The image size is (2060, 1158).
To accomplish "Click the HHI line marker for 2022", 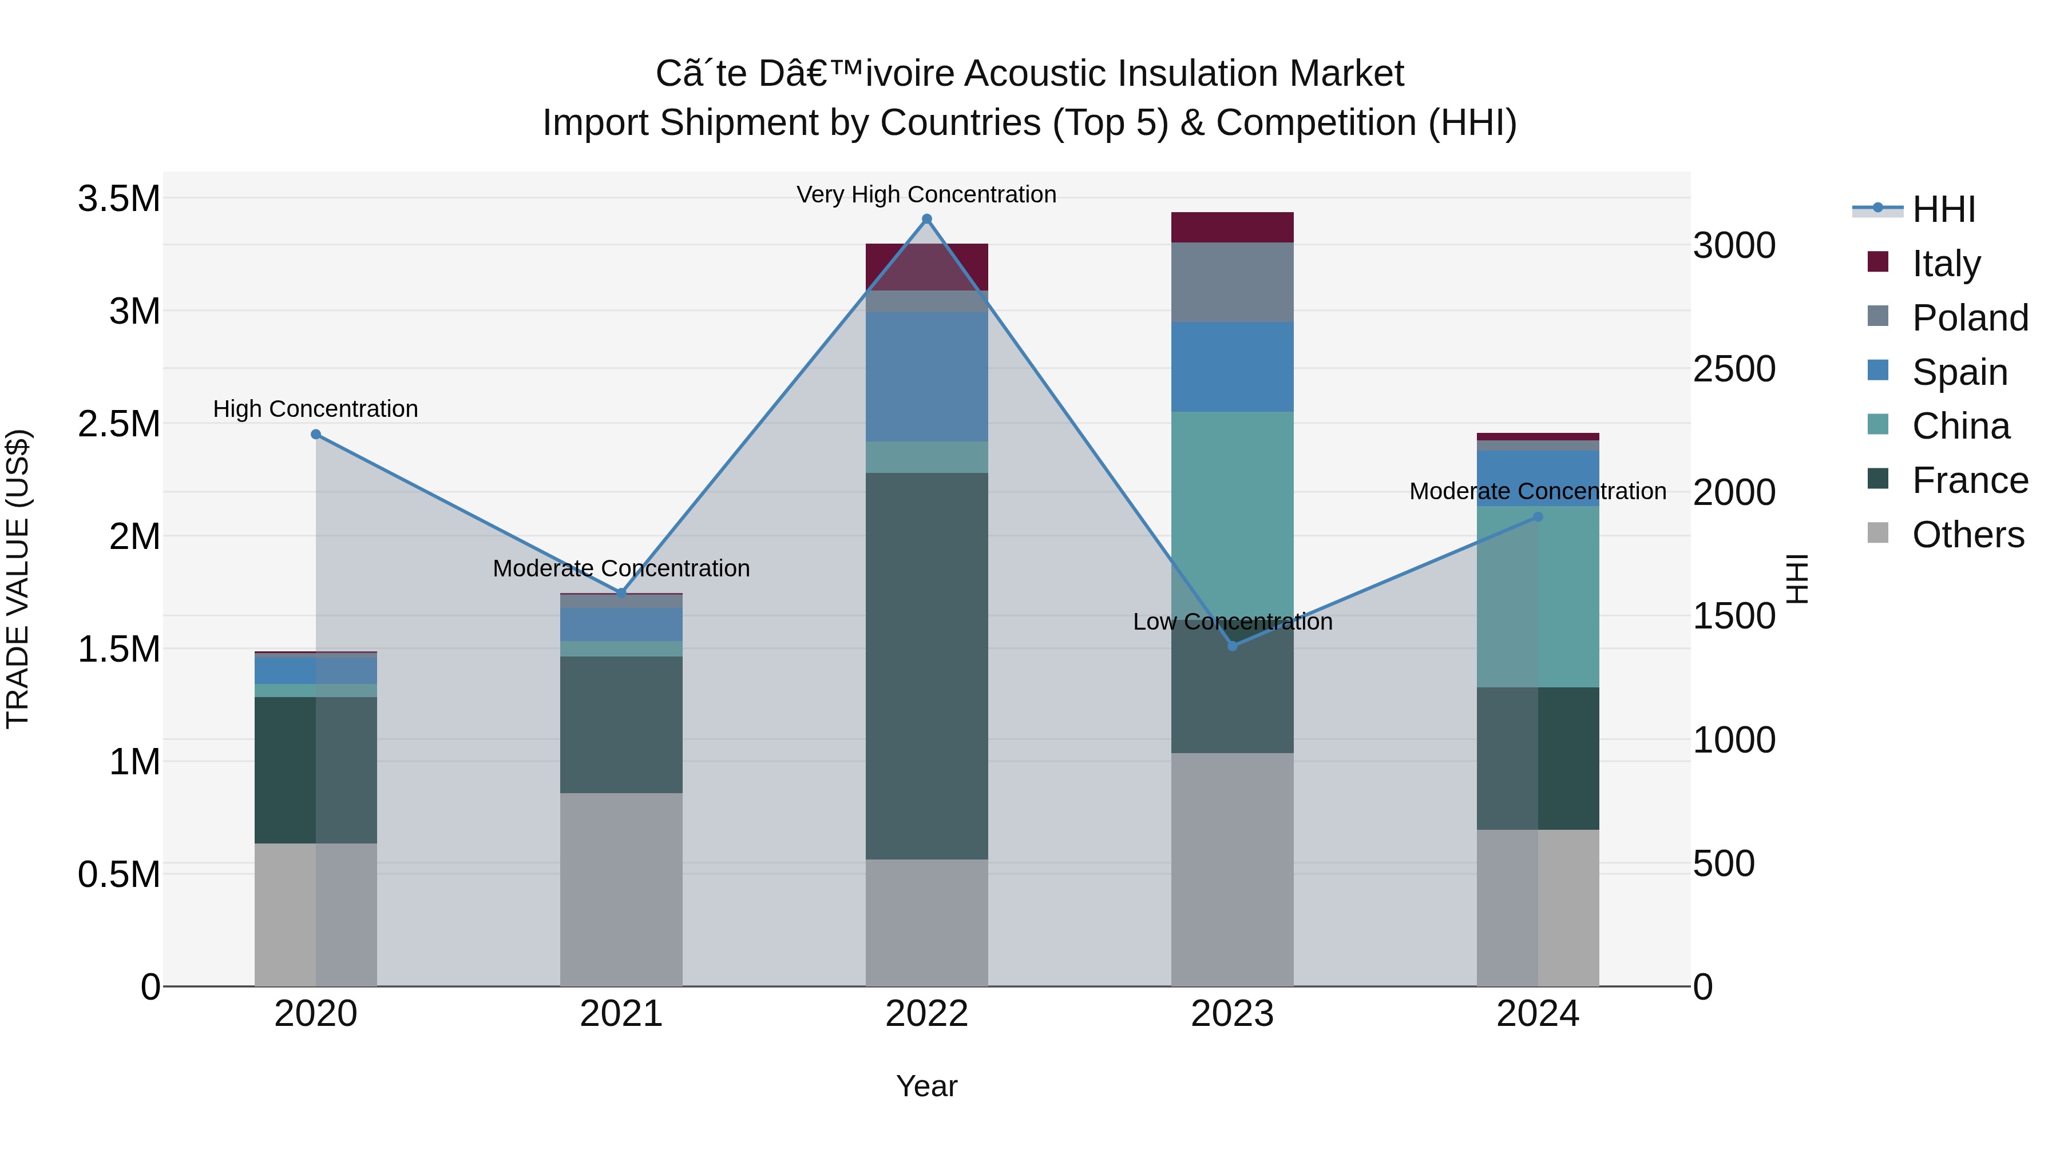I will [x=927, y=219].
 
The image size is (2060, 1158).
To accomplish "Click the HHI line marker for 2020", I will [x=316, y=434].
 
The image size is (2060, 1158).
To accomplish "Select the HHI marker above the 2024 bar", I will [x=1537, y=517].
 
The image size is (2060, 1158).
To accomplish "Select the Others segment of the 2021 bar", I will [x=621, y=889].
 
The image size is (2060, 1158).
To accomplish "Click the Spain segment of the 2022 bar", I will [x=927, y=376].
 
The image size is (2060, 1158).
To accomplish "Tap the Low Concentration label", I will [x=1233, y=621].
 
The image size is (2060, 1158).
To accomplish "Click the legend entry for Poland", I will [x=1970, y=317].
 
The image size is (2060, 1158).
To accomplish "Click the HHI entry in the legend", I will [x=1943, y=209].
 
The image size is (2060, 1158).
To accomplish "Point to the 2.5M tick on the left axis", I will [x=119, y=424].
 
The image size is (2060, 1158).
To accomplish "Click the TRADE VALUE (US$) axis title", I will [x=18, y=579].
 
